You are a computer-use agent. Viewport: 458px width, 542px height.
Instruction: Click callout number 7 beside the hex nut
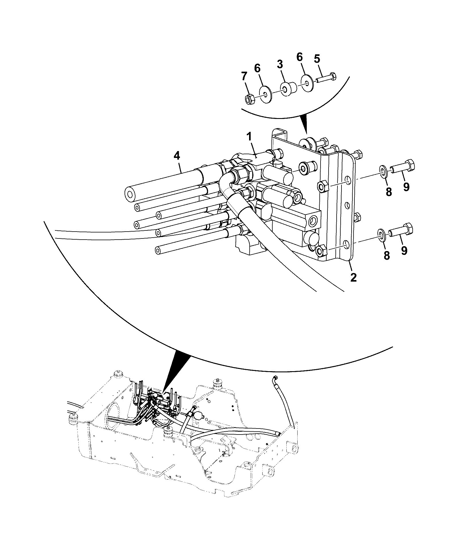(x=244, y=77)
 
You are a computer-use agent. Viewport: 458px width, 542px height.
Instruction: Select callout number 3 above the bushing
(x=280, y=64)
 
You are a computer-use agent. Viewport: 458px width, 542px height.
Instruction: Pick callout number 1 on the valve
(x=249, y=136)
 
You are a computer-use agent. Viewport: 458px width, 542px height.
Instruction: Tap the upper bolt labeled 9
(x=403, y=167)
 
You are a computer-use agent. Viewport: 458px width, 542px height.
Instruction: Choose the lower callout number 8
(x=387, y=255)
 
